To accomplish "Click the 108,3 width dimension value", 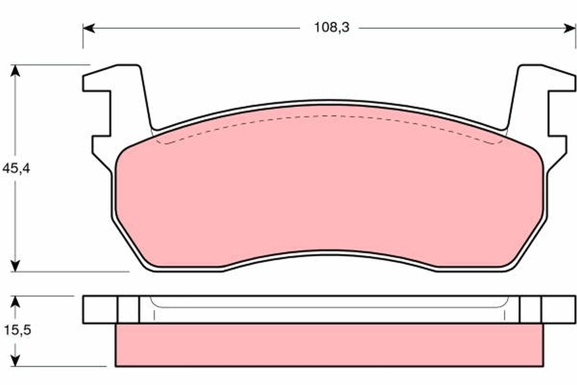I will [x=331, y=28].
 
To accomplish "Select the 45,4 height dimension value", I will [x=16, y=169].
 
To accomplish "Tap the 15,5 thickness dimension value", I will [x=16, y=331].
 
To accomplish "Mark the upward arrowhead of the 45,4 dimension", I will [x=16, y=70].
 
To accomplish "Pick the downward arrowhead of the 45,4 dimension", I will [x=16, y=266].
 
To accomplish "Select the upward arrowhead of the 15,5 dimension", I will [x=16, y=301].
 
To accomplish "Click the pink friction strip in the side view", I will [x=329, y=345].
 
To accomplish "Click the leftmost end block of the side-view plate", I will [x=100, y=309].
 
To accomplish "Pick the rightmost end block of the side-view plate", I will [x=558, y=309].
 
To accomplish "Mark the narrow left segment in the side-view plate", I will [x=128, y=309].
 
